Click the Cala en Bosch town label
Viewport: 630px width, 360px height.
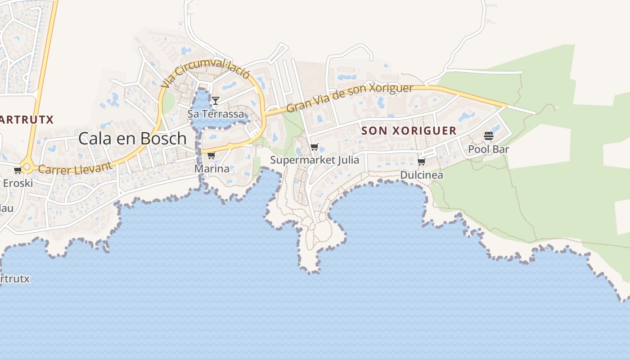[x=132, y=139]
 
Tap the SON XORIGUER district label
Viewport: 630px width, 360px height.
[x=409, y=131]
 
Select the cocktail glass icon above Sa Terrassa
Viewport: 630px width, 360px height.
[x=216, y=100]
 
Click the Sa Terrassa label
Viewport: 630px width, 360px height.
[x=216, y=114]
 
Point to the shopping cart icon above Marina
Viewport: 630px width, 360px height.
[x=211, y=155]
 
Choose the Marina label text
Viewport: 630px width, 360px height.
[x=211, y=169]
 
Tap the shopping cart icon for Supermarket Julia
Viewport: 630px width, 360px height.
[x=315, y=147]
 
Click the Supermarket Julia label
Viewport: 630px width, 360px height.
[x=315, y=160]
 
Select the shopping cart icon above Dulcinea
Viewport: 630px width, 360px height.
[x=422, y=162]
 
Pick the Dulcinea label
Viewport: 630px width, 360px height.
[x=422, y=175]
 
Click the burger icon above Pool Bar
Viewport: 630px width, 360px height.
[x=489, y=135]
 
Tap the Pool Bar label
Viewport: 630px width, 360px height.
[x=489, y=149]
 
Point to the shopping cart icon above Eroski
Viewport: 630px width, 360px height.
[x=18, y=170]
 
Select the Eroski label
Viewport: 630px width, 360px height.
[x=18, y=183]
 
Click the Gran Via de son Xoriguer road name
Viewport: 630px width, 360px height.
[x=350, y=98]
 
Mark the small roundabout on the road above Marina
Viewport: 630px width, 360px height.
[x=230, y=146]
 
